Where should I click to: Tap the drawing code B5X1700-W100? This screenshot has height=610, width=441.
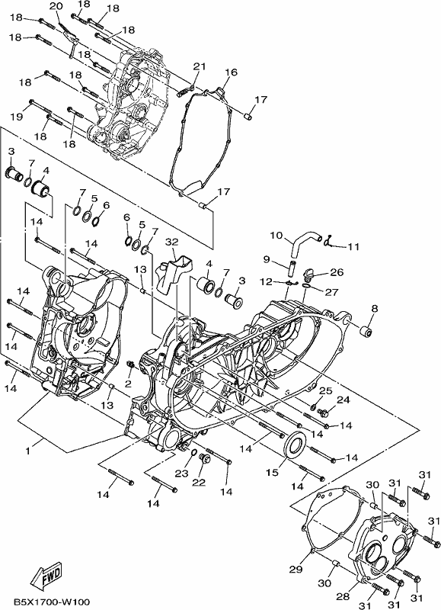52,602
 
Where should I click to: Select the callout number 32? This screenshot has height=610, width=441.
171,242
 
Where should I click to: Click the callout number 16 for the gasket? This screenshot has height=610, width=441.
231,72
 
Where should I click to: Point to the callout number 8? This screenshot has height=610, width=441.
375,309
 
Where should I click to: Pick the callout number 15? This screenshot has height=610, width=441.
272,472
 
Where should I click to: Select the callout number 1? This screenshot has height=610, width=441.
27,451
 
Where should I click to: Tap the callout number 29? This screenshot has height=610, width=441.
296,570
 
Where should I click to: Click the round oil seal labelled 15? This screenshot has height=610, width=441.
295,445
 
